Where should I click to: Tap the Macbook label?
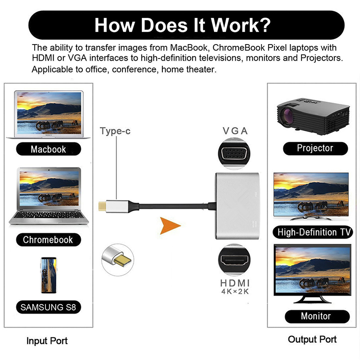tap(48, 149)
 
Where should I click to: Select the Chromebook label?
tap(48, 239)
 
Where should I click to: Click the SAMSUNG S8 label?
tap(48, 308)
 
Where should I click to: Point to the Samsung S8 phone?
tap(48, 275)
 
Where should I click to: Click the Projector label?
tap(315, 148)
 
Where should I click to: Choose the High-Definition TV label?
tap(314, 232)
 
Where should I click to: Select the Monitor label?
tap(315, 316)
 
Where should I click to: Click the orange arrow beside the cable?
tap(169, 224)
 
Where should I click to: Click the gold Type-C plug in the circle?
tap(118, 260)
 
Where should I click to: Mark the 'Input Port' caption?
tap(47, 341)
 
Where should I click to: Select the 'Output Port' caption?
tap(312, 339)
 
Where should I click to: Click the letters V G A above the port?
tap(235, 131)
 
